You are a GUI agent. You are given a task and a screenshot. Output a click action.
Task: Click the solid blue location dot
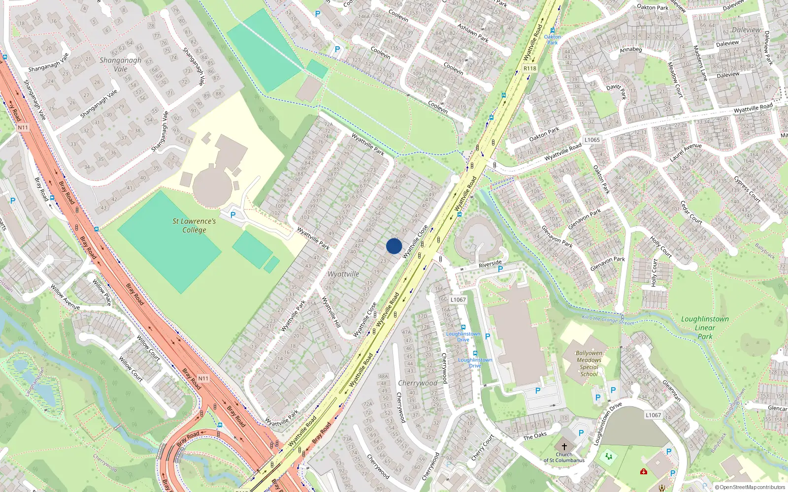(394, 246)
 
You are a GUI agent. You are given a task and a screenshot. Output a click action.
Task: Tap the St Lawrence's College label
(194, 226)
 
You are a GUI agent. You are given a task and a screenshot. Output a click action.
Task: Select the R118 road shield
(530, 68)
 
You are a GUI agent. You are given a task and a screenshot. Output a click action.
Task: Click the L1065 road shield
(592, 140)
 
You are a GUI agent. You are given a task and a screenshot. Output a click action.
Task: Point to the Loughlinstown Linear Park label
(705, 328)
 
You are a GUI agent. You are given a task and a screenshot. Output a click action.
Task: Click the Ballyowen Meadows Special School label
(589, 364)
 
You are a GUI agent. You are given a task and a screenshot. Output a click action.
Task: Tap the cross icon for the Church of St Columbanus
(564, 447)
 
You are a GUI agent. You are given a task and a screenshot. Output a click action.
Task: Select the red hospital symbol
(643, 472)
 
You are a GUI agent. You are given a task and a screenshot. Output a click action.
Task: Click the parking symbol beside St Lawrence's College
(233, 215)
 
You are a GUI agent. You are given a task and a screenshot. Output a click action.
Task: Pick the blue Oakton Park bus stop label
(552, 39)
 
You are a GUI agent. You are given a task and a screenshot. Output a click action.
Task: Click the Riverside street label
(490, 264)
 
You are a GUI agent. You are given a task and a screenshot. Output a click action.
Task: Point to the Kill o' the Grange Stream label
(608, 320)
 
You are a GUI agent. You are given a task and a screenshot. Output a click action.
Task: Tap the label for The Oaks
(535, 436)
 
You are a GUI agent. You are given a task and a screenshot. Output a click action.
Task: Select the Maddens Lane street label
(700, 63)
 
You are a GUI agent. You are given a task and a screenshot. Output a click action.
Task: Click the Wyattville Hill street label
(331, 312)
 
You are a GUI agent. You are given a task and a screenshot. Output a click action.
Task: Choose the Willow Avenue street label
(65, 297)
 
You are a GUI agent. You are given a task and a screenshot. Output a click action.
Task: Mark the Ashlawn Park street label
(473, 33)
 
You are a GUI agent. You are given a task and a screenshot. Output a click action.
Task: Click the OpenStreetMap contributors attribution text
(750, 488)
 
